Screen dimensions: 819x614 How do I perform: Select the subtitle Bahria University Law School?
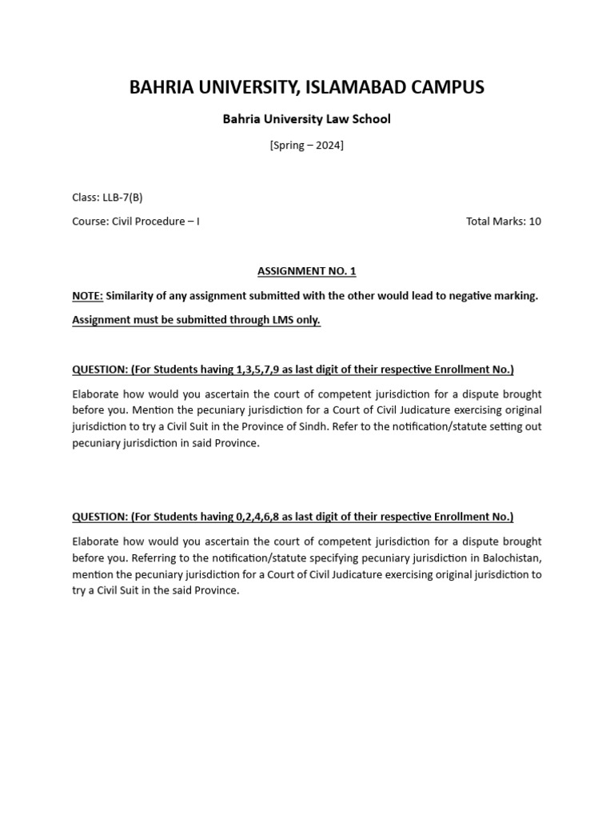coord(306,119)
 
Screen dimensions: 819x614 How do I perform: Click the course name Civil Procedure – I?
coord(159,222)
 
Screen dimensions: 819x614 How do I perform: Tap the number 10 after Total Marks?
coord(534,222)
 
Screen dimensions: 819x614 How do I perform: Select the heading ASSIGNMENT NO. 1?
coord(306,271)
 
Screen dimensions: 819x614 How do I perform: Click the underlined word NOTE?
coord(87,296)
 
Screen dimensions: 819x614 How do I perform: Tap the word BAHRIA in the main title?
coord(160,87)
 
